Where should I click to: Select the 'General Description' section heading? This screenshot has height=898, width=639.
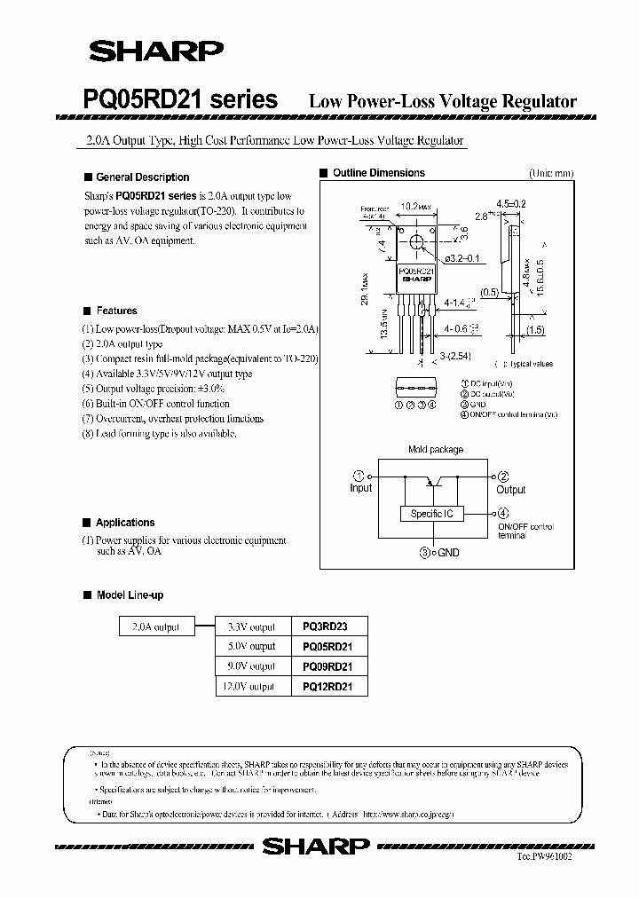(142, 177)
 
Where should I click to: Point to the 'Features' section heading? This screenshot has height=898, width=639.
(116, 311)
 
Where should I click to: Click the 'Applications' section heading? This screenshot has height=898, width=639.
(125, 524)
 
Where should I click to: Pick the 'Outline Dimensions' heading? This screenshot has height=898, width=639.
(378, 174)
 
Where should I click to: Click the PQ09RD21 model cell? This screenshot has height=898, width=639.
(327, 666)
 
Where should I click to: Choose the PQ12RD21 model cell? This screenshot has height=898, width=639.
(327, 686)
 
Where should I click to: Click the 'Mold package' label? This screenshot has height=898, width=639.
(435, 450)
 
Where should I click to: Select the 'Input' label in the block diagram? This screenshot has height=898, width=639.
(361, 489)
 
